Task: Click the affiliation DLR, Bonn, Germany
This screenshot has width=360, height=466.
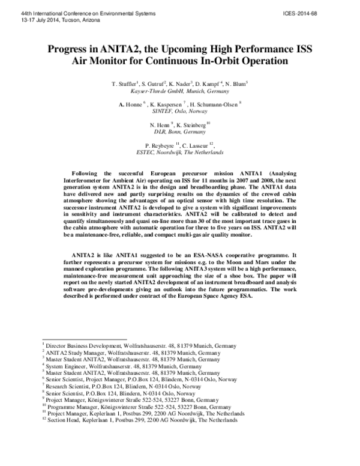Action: [x=179, y=131]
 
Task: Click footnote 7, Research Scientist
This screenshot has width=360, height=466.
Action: [x=127, y=386]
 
